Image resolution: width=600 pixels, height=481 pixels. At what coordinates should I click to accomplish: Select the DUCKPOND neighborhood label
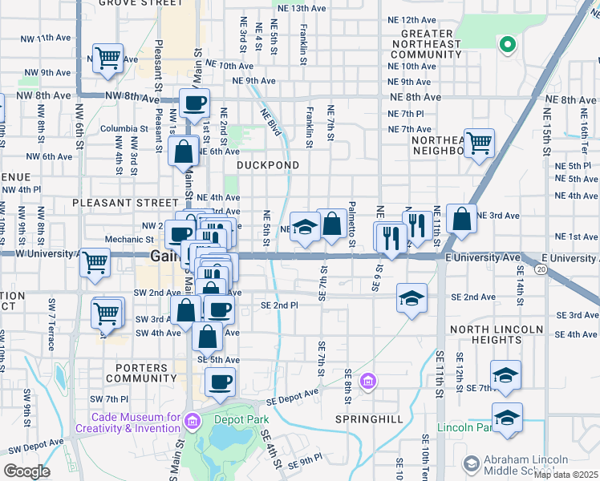pyautogui.click(x=268, y=165)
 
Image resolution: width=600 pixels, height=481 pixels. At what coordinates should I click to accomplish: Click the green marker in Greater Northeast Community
pyautogui.click(x=506, y=45)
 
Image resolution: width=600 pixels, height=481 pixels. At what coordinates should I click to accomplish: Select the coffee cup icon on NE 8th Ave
pyautogui.click(x=194, y=103)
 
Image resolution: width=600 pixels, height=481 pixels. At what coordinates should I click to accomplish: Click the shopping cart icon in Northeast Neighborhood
pyautogui.click(x=479, y=143)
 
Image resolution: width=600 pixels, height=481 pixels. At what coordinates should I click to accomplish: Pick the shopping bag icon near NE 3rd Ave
pyautogui.click(x=462, y=218)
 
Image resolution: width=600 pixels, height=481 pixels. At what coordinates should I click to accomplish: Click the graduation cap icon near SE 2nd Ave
pyautogui.click(x=411, y=298)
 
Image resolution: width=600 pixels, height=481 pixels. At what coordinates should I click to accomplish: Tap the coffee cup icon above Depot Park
pyautogui.click(x=220, y=382)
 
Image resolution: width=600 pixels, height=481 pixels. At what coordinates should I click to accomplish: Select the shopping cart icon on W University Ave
pyautogui.click(x=95, y=261)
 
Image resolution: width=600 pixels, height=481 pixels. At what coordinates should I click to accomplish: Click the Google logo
pyautogui.click(x=27, y=471)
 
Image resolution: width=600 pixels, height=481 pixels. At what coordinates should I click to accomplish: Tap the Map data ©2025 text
pyautogui.click(x=566, y=475)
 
